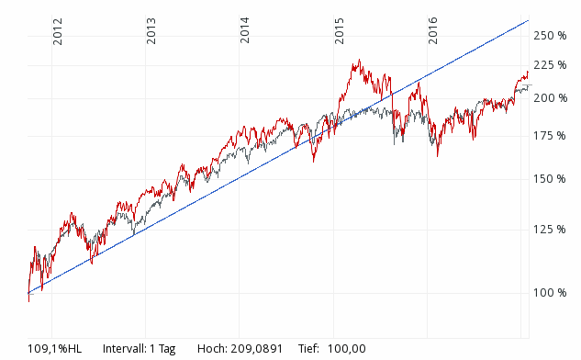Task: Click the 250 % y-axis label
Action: (551, 35)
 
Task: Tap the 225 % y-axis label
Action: (551, 64)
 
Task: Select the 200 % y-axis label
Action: (551, 97)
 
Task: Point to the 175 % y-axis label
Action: (551, 135)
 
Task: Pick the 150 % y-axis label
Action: (551, 178)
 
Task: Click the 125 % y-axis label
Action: (551, 229)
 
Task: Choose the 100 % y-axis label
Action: (551, 292)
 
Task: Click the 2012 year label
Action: (57, 30)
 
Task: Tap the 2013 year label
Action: (151, 30)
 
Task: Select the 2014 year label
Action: (245, 30)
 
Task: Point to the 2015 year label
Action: (340, 30)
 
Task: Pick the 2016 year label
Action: (433, 30)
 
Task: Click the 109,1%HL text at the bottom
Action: (54, 348)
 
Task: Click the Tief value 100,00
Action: (347, 348)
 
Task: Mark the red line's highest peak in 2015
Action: (359, 61)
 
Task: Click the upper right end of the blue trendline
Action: (529, 20)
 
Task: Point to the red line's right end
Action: (528, 73)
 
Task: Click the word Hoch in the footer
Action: (214, 348)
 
